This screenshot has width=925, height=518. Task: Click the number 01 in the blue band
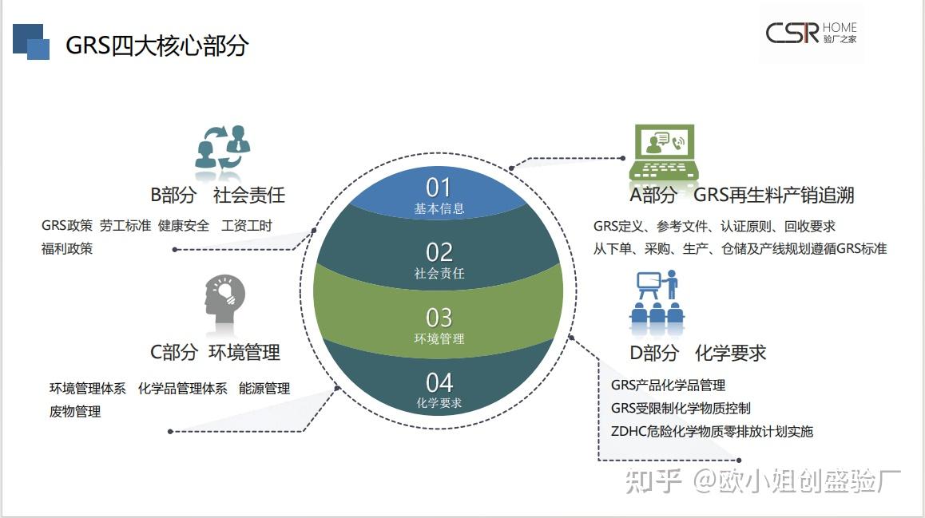coord(439,188)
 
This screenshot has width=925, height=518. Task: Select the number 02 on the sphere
coord(439,252)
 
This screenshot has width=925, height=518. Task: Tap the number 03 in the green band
coord(439,318)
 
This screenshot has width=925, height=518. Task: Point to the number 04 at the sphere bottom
coord(439,382)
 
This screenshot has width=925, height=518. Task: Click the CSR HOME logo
coord(811,33)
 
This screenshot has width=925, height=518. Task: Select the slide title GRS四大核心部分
coord(157,45)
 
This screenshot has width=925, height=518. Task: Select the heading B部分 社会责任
coord(217,195)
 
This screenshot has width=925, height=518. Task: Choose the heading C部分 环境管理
coord(215,352)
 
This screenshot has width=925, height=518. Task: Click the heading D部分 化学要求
coord(697,353)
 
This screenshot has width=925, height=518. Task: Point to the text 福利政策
coord(67,249)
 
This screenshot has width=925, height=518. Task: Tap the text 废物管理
coord(75,412)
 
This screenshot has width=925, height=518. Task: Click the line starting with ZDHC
coord(711,432)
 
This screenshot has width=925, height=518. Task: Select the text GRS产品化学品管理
coord(668,386)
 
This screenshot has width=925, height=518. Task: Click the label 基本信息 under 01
coord(439,209)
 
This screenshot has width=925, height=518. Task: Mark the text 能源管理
coord(264,389)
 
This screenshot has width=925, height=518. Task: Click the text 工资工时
coord(247,226)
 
